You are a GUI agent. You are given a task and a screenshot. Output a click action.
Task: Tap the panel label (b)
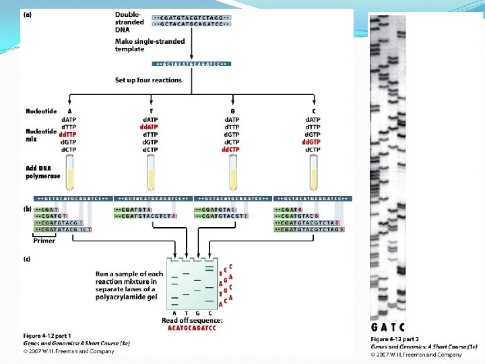tap(27, 210)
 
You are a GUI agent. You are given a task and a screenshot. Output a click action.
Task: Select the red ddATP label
tap(150, 127)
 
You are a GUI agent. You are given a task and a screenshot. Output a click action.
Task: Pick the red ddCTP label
tap(231, 149)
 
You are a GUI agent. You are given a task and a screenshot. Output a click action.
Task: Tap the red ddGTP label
tap(312, 142)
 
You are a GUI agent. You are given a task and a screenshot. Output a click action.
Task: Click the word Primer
tap(44, 240)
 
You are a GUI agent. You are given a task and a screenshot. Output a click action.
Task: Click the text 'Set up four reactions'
tap(148, 80)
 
